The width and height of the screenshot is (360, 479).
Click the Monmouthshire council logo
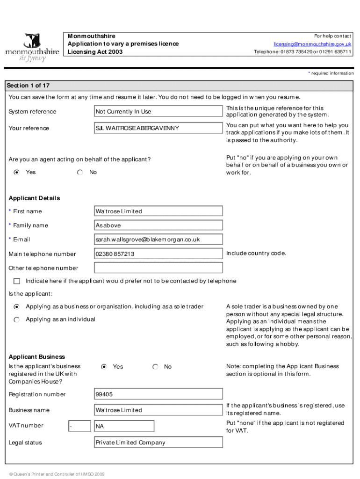[x=32, y=47]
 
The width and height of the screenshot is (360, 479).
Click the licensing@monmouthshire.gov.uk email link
[x=312, y=44]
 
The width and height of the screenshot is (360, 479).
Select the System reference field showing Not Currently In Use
[x=158, y=111]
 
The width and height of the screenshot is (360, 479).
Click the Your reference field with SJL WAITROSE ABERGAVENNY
[x=158, y=128]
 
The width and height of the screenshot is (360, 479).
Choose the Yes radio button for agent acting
[x=17, y=173]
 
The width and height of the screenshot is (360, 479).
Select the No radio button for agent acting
[x=80, y=173]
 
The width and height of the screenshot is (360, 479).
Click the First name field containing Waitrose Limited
[x=158, y=211]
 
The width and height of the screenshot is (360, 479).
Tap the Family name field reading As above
[x=158, y=225]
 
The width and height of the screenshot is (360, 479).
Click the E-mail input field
[x=158, y=239]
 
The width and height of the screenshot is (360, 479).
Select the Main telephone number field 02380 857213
[x=158, y=254]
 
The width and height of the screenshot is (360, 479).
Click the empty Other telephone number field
[x=158, y=268]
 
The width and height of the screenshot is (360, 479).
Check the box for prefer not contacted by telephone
[x=17, y=281]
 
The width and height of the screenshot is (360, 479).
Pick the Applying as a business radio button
[x=17, y=307]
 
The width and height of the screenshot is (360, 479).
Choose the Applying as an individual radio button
[x=17, y=319]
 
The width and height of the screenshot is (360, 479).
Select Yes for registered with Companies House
[x=104, y=367]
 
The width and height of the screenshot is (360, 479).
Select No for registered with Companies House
[x=155, y=367]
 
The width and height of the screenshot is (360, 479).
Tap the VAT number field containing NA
[x=124, y=426]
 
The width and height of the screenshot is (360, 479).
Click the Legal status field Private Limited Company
[x=158, y=443]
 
